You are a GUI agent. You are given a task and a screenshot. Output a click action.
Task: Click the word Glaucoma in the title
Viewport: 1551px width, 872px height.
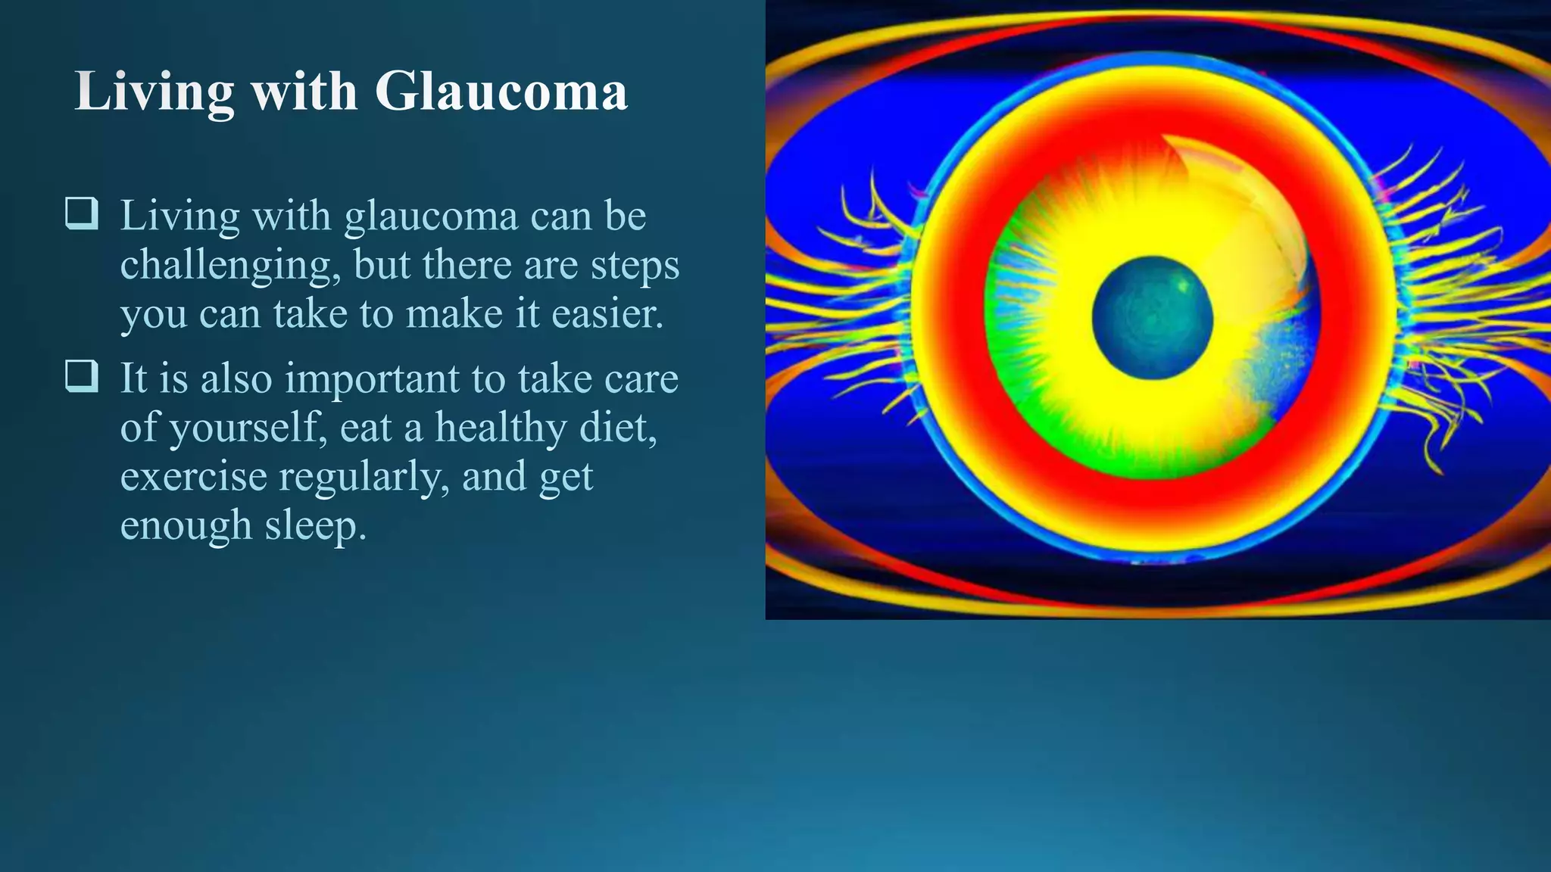[x=501, y=92]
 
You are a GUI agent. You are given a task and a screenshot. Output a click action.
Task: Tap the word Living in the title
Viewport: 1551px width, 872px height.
[x=154, y=92]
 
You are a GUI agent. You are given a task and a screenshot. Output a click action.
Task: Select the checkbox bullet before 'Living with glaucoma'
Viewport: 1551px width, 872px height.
[x=81, y=213]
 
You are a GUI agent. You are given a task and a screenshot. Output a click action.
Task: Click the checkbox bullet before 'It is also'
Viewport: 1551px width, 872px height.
[x=81, y=375]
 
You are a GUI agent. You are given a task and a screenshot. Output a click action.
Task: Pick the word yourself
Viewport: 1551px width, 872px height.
[x=248, y=428]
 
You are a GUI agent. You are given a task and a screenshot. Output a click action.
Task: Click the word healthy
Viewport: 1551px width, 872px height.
[x=501, y=428]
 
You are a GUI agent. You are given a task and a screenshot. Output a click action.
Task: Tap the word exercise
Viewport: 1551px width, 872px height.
[x=193, y=477]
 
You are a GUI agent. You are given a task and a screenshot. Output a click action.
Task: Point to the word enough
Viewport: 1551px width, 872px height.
[x=186, y=526]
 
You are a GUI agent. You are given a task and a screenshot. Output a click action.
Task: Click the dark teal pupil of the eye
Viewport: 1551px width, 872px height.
[x=1152, y=318]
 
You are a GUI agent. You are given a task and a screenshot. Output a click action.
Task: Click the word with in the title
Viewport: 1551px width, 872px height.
[x=304, y=92]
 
